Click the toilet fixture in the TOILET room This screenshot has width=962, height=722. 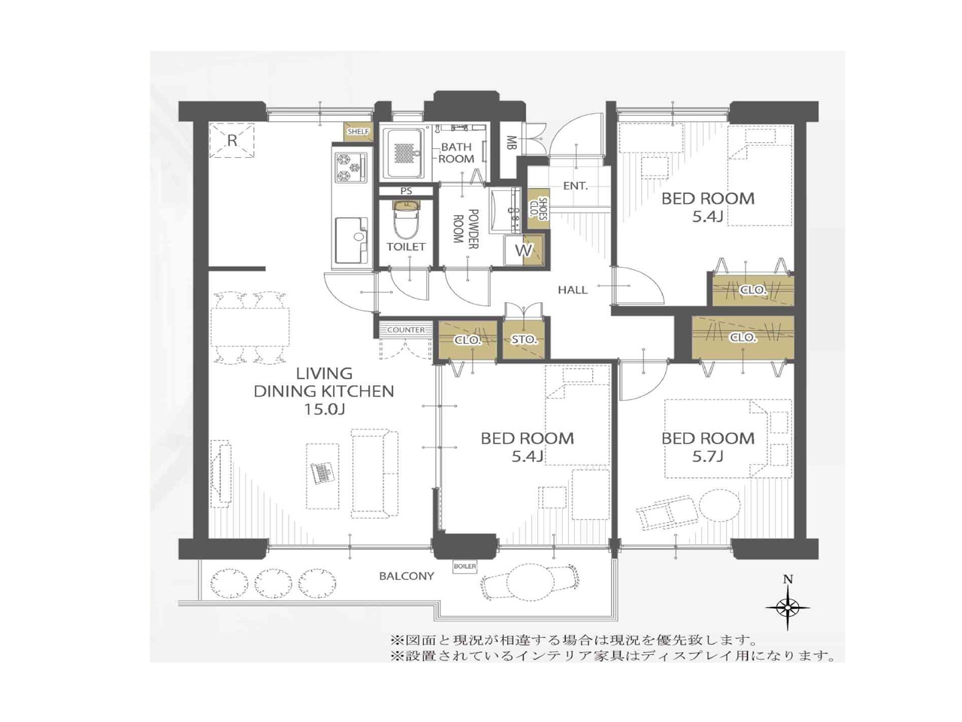click(406, 219)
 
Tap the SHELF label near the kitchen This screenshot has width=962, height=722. click(358, 132)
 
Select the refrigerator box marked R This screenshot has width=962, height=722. click(231, 141)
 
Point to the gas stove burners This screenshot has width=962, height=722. click(351, 167)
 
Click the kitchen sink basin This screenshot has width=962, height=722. click(352, 239)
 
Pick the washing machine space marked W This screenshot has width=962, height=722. click(523, 250)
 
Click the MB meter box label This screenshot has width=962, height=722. click(510, 143)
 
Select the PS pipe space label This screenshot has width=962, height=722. click(406, 191)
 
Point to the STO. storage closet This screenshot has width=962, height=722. click(524, 339)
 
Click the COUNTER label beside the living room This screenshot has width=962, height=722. click(406, 329)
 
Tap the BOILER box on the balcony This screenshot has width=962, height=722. click(464, 566)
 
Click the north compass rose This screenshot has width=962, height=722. click(788, 607)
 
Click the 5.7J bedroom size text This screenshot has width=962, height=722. click(707, 457)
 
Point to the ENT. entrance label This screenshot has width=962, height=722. click(575, 186)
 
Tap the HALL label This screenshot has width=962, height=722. click(573, 290)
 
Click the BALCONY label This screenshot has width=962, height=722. click(407, 576)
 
